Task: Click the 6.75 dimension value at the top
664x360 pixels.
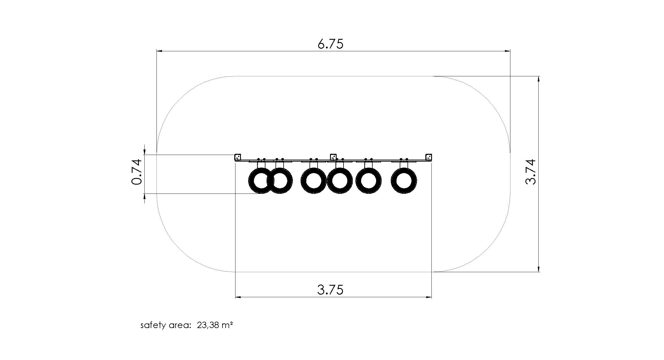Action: pos(331,44)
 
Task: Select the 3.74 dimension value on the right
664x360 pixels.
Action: pos(531,172)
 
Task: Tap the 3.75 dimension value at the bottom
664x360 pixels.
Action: pos(331,290)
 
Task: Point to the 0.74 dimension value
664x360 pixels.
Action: pos(137,172)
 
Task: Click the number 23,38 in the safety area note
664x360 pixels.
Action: pos(207,325)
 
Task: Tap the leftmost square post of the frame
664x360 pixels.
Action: pos(238,157)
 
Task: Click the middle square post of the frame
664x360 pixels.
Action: pos(333,157)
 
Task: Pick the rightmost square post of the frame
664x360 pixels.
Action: pos(429,157)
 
